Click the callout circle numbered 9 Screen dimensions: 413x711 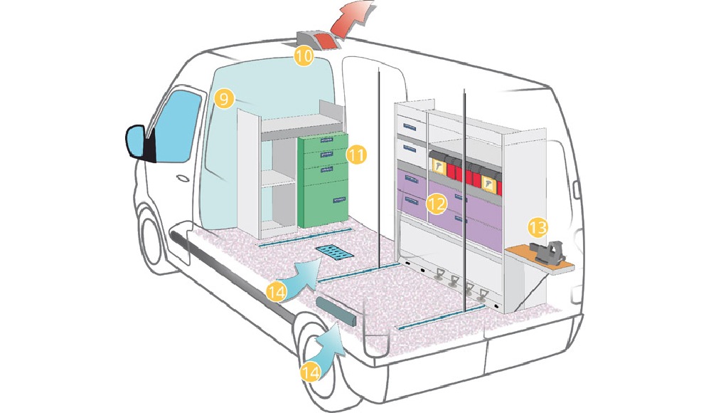(x=224, y=100)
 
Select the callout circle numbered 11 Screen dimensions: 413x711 (x=357, y=154)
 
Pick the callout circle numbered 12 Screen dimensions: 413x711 (x=437, y=205)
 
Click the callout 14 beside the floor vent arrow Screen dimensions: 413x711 (x=276, y=291)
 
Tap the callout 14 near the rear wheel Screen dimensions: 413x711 (x=309, y=372)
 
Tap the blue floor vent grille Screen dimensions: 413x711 (x=334, y=252)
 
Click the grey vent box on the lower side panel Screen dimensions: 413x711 (x=335, y=311)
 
